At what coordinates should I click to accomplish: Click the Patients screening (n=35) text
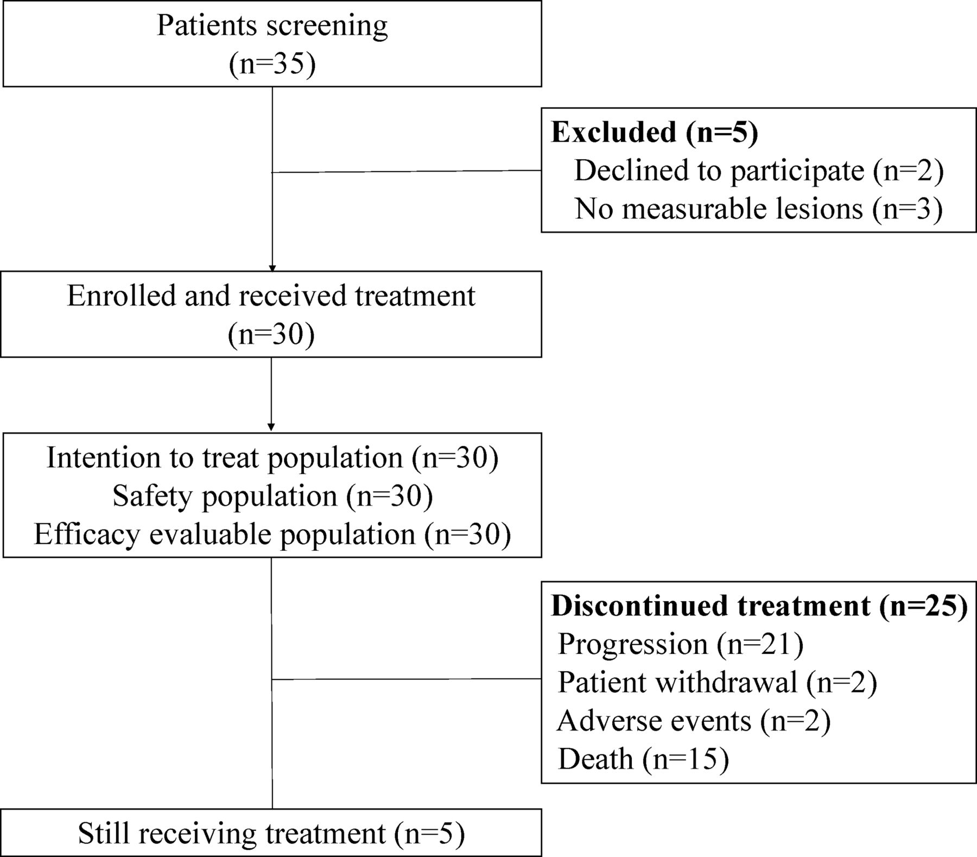pyautogui.click(x=272, y=45)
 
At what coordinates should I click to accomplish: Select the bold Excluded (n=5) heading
pyautogui.click(x=655, y=133)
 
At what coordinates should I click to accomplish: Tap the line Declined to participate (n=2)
pyautogui.click(x=759, y=171)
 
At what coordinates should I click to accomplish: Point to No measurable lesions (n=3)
pyautogui.click(x=758, y=209)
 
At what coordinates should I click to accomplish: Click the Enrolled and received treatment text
pyautogui.click(x=271, y=296)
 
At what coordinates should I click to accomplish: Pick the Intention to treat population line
pyautogui.click(x=224, y=457)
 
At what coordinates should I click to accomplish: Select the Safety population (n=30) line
pyautogui.click(x=272, y=496)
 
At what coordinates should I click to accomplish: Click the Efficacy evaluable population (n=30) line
pyautogui.click(x=272, y=534)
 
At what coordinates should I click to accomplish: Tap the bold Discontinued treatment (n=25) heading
pyautogui.click(x=759, y=605)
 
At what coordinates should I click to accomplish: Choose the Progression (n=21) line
pyautogui.click(x=681, y=644)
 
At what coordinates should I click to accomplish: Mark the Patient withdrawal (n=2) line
pyautogui.click(x=718, y=682)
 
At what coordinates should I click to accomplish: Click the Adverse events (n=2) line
pyautogui.click(x=694, y=721)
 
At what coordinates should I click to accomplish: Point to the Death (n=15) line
pyautogui.click(x=643, y=759)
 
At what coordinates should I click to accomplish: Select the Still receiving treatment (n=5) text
pyautogui.click(x=271, y=833)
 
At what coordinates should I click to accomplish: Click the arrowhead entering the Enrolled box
pyautogui.click(x=272, y=268)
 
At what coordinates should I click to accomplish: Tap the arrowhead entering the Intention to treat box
pyautogui.click(x=271, y=427)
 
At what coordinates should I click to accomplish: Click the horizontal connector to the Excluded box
pyautogui.click(x=407, y=172)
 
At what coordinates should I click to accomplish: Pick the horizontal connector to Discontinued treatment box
pyautogui.click(x=407, y=679)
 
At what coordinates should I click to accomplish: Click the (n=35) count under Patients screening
pyautogui.click(x=272, y=64)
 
